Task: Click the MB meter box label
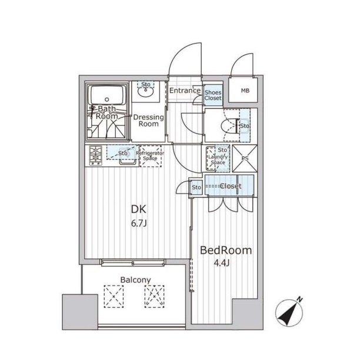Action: [245, 90]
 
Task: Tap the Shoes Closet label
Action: [213, 95]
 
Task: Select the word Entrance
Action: [185, 90]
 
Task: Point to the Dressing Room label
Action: [149, 120]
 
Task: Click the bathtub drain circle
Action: [106, 99]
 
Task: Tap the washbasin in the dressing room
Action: [145, 92]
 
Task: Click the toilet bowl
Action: [228, 126]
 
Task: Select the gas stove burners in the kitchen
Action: [95, 155]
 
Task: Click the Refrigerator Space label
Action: [150, 156]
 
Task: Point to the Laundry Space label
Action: [218, 159]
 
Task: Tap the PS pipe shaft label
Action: [245, 159]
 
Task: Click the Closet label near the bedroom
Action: [231, 186]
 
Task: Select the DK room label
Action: [138, 209]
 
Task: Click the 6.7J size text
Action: [139, 223]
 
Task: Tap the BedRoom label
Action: [226, 250]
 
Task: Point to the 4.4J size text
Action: [221, 263]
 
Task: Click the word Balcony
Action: [136, 280]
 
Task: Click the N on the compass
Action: [299, 300]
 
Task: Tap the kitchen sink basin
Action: [127, 156]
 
